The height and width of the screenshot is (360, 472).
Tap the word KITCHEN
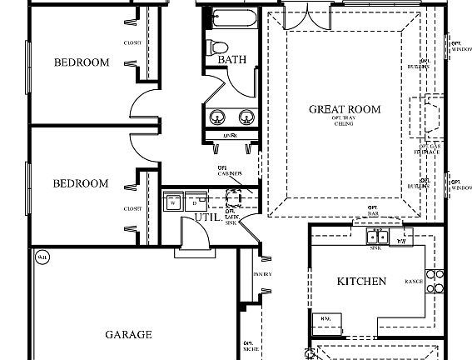point(361,282)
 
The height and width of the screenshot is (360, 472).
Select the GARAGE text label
point(128,335)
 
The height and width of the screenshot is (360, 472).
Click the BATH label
point(231,60)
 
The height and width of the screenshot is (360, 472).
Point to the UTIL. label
point(206,217)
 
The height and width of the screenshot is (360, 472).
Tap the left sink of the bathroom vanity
point(219,116)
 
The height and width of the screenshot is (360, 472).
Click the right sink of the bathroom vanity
point(246,116)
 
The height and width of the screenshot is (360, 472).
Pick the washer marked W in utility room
point(173,202)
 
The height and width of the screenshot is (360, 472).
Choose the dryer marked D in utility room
point(193,202)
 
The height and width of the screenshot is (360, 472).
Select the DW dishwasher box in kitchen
point(403,240)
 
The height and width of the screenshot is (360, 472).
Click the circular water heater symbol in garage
point(41,258)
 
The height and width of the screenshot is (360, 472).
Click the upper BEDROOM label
point(82,62)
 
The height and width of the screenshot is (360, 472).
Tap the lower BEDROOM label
point(82,183)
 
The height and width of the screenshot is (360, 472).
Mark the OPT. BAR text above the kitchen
point(372,210)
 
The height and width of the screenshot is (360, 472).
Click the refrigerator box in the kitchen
point(326,318)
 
